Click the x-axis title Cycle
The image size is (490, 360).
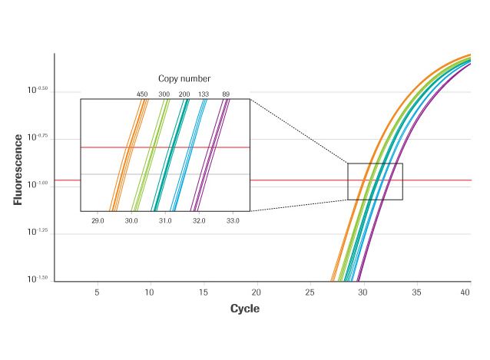(x=245, y=309)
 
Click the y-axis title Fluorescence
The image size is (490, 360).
(x=17, y=170)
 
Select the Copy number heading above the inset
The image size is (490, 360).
(x=184, y=78)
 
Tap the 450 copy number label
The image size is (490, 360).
(x=142, y=94)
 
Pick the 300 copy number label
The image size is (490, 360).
(x=164, y=94)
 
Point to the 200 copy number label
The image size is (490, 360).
(x=184, y=94)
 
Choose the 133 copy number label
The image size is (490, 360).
(x=204, y=94)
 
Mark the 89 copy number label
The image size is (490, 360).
(x=226, y=94)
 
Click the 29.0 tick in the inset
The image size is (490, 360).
(x=98, y=221)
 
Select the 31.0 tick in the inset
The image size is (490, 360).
(x=165, y=221)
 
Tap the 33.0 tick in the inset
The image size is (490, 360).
(x=233, y=221)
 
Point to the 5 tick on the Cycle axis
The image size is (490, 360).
(x=97, y=292)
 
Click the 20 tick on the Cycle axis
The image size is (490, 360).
(x=257, y=292)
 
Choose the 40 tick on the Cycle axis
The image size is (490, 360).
(x=465, y=292)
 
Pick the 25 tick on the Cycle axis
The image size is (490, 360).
(x=310, y=292)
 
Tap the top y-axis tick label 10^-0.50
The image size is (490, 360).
(x=38, y=90)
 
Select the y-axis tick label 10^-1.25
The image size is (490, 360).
(x=38, y=231)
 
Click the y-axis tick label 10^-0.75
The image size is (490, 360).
(x=38, y=137)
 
